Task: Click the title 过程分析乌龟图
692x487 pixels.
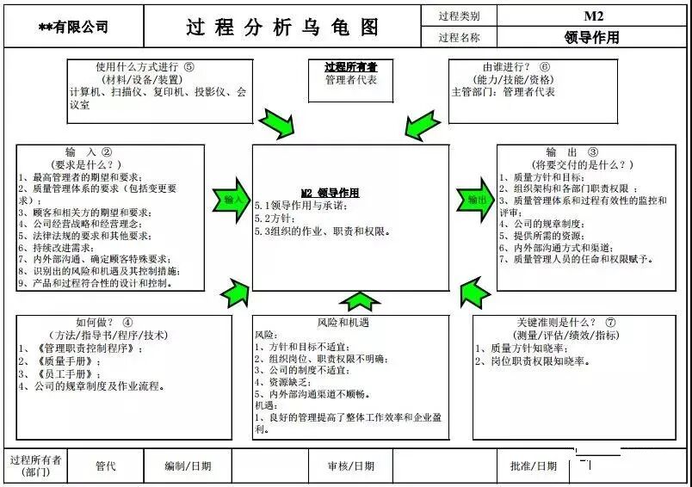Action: click(282, 27)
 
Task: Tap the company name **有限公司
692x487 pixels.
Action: click(73, 28)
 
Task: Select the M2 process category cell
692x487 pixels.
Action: click(593, 15)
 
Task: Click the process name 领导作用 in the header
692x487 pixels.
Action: click(592, 37)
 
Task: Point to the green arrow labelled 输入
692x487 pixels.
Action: click(231, 200)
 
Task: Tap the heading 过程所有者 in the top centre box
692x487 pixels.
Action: click(344, 67)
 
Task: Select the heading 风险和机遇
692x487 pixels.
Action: click(343, 322)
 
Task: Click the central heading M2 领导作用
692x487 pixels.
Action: click(330, 193)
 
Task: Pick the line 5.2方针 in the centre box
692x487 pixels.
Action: click(275, 219)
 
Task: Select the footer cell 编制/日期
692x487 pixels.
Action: click(188, 466)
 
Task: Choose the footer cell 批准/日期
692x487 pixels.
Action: click(534, 466)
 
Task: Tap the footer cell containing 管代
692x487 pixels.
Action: click(106, 466)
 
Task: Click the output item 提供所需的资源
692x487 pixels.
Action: click(547, 235)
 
